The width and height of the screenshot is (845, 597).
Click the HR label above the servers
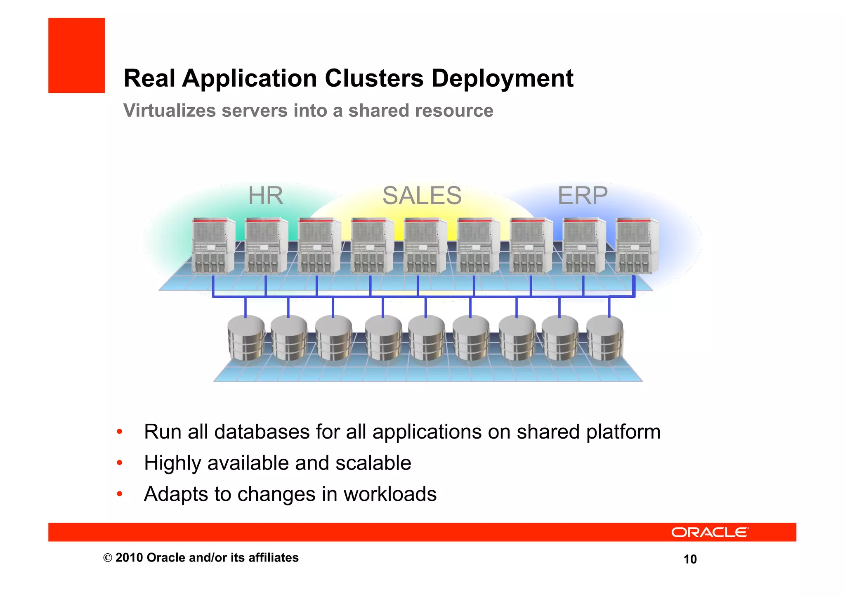click(x=265, y=196)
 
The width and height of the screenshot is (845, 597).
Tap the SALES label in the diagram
click(x=422, y=196)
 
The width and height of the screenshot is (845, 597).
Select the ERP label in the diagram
click(x=582, y=196)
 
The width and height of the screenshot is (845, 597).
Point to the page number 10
click(x=690, y=559)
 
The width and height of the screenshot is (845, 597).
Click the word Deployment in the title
click(x=502, y=78)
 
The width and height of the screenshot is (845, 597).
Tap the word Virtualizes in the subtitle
click(x=170, y=111)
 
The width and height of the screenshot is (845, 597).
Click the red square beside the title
click(x=76, y=55)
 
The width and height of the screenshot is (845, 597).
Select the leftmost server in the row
click(x=213, y=246)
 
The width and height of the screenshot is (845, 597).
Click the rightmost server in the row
click(x=636, y=246)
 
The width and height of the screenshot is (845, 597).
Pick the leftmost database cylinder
click(x=246, y=337)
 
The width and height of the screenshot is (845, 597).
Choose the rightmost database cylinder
click(x=604, y=337)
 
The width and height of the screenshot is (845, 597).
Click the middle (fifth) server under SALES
click(x=425, y=246)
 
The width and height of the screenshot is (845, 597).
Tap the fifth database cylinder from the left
click(x=426, y=337)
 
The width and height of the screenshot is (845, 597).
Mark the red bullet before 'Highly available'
click(x=119, y=463)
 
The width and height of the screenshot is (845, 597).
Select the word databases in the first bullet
click(x=262, y=432)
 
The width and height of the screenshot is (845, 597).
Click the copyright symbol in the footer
click(x=108, y=558)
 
